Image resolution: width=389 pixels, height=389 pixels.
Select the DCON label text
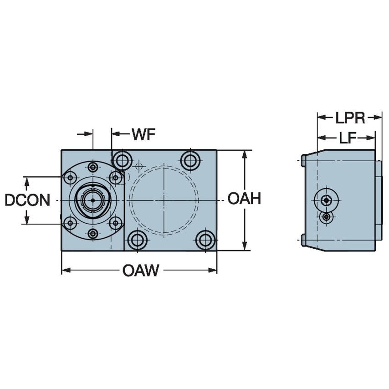pyautogui.click(x=27, y=200)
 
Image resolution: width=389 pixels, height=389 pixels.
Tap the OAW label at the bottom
pyautogui.click(x=140, y=271)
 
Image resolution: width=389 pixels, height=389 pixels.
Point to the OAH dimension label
pyautogui.click(x=244, y=199)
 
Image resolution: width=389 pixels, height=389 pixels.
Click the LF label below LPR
pyautogui.click(x=347, y=138)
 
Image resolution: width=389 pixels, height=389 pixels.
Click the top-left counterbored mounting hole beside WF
pyautogui.click(x=122, y=160)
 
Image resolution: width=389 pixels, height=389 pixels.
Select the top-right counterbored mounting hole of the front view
pyautogui.click(x=190, y=160)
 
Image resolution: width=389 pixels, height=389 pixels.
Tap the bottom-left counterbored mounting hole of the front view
pyautogui.click(x=137, y=240)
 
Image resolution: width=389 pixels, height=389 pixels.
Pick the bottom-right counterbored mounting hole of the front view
pyautogui.click(x=205, y=240)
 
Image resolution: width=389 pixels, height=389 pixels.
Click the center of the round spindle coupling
pyautogui.click(x=93, y=200)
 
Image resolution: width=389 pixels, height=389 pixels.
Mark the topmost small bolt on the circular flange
pyautogui.click(x=93, y=167)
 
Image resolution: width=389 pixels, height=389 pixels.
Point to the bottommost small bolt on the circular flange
pyautogui.click(x=93, y=234)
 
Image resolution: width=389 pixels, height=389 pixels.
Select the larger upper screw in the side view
pyautogui.click(x=326, y=200)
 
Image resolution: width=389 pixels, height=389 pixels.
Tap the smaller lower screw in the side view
pyautogui.click(x=326, y=217)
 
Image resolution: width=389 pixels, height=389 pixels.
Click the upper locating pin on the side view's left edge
pyautogui.click(x=303, y=160)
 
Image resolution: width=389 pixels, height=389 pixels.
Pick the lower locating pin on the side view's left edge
pyautogui.click(x=303, y=240)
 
